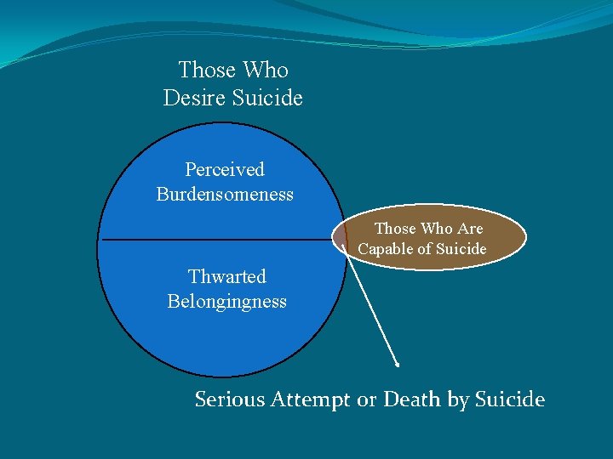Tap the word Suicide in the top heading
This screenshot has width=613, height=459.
(270, 98)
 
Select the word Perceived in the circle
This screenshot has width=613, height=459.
(225, 170)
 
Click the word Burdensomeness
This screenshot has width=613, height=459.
(225, 194)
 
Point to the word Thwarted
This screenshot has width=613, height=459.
(226, 276)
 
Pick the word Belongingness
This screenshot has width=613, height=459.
(226, 301)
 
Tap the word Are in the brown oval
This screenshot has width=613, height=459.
(469, 229)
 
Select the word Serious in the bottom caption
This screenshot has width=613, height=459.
(230, 399)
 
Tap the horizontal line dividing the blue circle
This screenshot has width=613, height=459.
(213, 240)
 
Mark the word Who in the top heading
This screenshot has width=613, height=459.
(266, 70)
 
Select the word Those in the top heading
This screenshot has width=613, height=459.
(208, 70)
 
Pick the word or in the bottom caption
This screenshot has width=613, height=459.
(366, 399)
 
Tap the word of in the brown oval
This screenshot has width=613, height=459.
(425, 249)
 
